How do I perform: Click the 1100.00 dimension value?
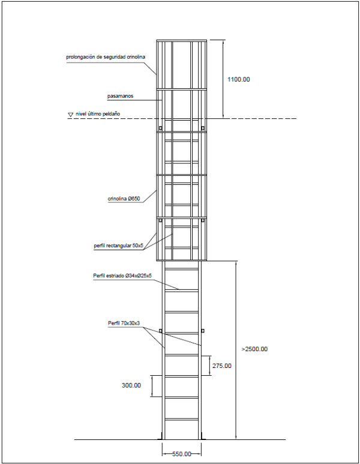(x=238, y=79)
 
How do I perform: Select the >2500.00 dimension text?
(x=254, y=349)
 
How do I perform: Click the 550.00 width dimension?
(x=181, y=454)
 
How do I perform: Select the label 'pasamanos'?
(x=121, y=96)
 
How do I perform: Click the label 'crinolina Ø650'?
(x=124, y=197)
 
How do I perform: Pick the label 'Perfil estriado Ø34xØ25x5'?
(x=122, y=276)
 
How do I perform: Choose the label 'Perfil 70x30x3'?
(x=124, y=324)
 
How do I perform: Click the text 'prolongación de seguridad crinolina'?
(x=106, y=58)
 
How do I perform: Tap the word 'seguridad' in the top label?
(x=112, y=58)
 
